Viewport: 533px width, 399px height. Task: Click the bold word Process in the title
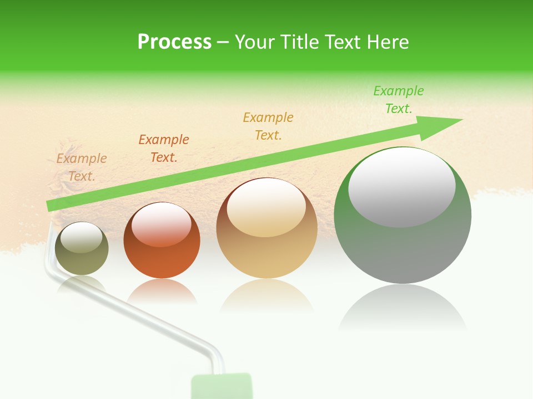(x=174, y=42)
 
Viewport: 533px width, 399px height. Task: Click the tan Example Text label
(x=82, y=167)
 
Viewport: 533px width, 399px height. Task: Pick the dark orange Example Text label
(x=164, y=149)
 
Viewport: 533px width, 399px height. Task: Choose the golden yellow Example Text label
(x=268, y=126)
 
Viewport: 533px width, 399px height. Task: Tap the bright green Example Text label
(x=399, y=100)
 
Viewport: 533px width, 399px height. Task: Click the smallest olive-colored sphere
(x=82, y=249)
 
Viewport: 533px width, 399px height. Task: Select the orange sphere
(x=162, y=241)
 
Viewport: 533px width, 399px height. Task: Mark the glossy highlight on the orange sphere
(x=162, y=223)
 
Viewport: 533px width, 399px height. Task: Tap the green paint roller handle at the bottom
(x=221, y=386)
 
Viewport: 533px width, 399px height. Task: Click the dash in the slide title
(x=223, y=42)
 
